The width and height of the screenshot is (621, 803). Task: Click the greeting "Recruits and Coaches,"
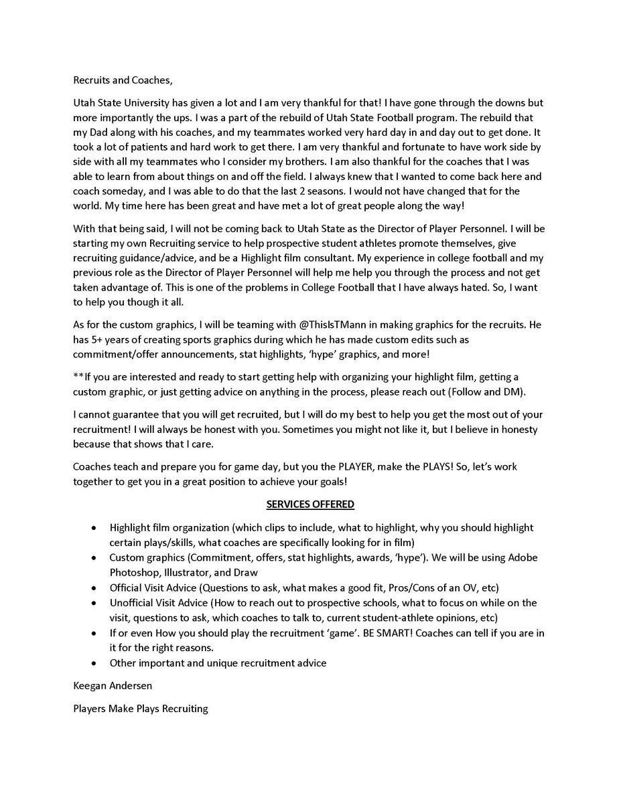pos(123,81)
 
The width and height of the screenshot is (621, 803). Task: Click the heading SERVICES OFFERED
pos(310,504)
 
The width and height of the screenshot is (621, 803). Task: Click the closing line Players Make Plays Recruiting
pos(141,707)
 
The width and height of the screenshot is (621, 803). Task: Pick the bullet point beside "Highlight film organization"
pos(93,528)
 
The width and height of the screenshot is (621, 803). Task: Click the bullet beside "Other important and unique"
pos(93,663)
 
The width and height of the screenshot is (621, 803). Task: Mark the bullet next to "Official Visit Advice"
pos(93,588)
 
